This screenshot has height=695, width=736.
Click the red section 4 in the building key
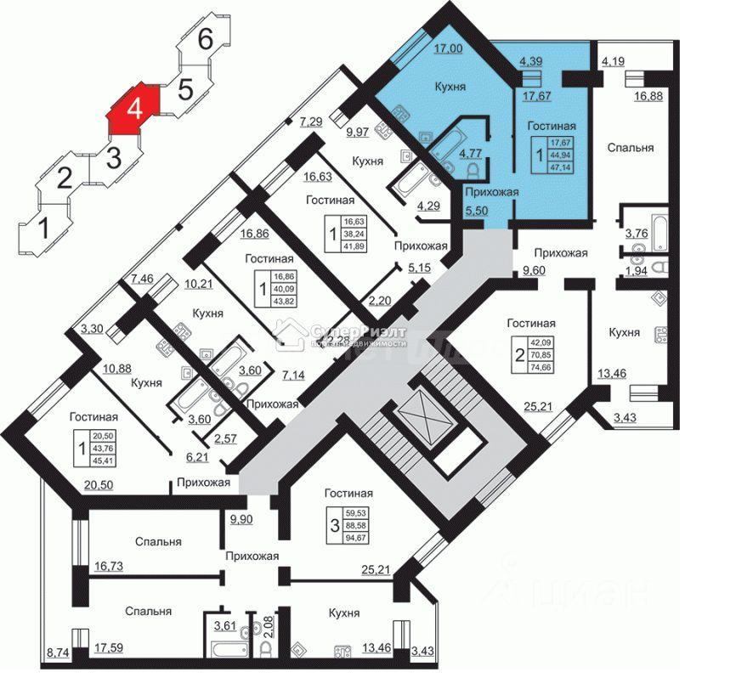click(133, 108)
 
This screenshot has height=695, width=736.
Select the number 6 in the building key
click(205, 38)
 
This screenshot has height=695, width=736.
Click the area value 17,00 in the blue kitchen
click(448, 49)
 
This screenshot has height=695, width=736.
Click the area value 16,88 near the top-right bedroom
click(649, 95)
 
